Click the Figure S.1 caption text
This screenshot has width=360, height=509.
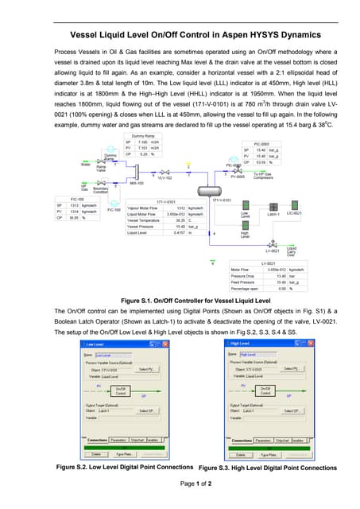pos(180,299)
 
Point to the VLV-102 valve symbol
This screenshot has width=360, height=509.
pos(165,172)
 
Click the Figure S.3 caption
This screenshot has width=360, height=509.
pos(267,468)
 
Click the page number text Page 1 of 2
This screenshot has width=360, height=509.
pos(180,484)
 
